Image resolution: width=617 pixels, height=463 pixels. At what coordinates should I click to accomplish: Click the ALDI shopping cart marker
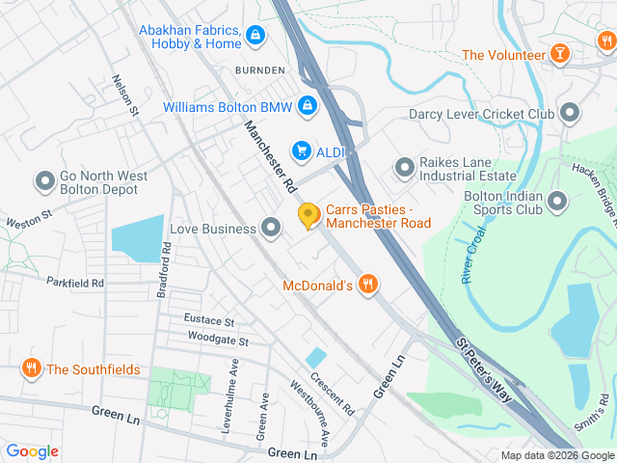click(x=302, y=150)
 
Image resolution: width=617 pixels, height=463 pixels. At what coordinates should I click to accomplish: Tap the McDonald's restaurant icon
click(x=366, y=285)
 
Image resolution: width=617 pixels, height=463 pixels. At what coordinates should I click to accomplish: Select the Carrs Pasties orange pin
click(x=308, y=216)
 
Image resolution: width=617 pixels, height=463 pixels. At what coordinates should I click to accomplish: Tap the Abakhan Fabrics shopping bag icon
click(x=255, y=37)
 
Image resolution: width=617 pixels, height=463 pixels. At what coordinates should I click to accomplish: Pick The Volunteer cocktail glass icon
click(x=559, y=54)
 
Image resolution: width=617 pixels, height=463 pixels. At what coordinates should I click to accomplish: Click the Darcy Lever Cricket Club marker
click(x=570, y=114)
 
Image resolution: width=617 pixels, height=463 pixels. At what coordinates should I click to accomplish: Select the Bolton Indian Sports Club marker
click(x=557, y=202)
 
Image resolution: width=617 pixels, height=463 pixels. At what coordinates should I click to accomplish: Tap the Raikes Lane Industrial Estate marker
click(x=404, y=168)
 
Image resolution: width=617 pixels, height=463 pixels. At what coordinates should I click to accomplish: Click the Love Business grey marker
click(x=271, y=229)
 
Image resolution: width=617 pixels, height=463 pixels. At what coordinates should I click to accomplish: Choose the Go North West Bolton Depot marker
click(x=44, y=180)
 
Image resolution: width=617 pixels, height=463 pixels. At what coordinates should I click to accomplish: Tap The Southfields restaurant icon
click(x=32, y=368)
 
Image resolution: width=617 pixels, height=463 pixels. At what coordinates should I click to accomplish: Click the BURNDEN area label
click(x=259, y=70)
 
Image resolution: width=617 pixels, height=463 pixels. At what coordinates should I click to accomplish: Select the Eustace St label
click(x=209, y=320)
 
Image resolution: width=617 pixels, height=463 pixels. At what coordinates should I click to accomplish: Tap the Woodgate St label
click(x=218, y=341)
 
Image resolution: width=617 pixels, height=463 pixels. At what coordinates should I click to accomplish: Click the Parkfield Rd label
click(x=74, y=283)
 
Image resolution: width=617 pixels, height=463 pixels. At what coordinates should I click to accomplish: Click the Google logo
click(x=32, y=450)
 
